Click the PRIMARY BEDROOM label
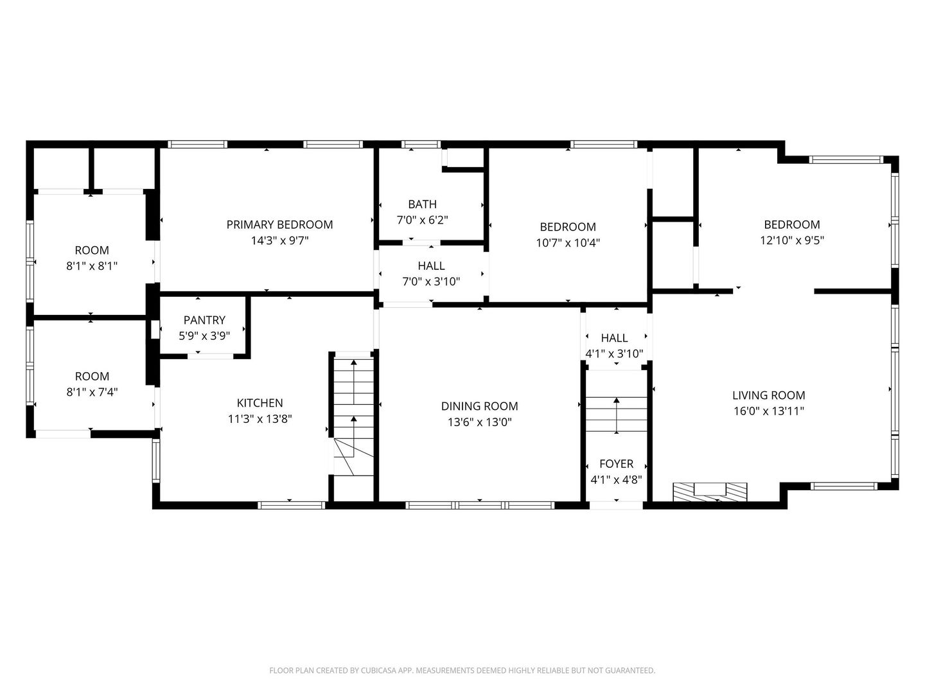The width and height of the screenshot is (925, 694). pos(279,224)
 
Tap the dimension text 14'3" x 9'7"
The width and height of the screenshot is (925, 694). pos(279,241)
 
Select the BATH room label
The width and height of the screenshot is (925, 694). pos(422,204)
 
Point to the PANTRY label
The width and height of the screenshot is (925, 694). pos(204,320)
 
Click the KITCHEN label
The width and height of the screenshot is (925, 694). pos(260,403)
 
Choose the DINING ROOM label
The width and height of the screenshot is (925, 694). pos(479,406)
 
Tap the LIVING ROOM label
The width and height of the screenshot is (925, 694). pos(768,395)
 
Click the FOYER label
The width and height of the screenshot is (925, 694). pos(616,463)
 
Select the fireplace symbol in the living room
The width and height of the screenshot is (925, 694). pos(710,491)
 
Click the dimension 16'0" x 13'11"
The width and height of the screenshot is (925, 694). pos(768,411)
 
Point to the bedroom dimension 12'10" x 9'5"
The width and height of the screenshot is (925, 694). pos(791,240)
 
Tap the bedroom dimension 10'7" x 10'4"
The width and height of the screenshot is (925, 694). pos(568,243)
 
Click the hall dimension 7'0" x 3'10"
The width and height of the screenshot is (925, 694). pos(431,281)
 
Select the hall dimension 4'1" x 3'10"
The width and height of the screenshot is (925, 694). pos(614,353)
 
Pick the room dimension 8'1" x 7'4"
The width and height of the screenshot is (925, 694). pos(92,392)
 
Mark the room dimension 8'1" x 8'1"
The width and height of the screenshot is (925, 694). pos(92,265)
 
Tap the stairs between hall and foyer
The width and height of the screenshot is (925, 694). pos(616,416)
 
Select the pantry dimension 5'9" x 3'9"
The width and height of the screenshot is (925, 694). pos(204,335)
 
